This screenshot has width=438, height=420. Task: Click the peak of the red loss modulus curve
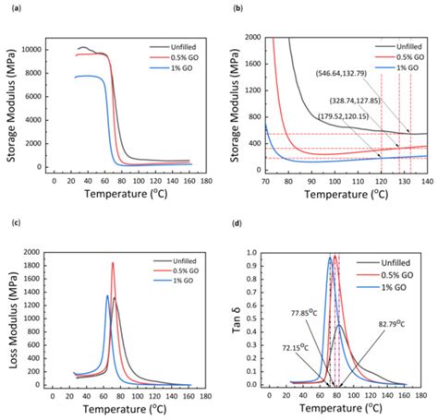[114, 263]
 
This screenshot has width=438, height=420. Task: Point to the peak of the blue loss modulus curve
[107, 296]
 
